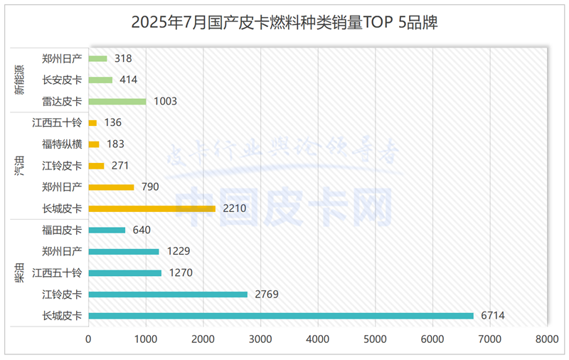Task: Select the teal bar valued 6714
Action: [x=281, y=315]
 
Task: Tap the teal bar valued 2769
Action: [x=168, y=294]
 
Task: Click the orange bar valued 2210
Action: [x=151, y=208]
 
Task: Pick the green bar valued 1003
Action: [x=117, y=101]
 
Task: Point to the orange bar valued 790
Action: [x=111, y=187]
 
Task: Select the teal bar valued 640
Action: [x=107, y=230]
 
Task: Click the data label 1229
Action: [x=179, y=251]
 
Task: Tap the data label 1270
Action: [x=181, y=272]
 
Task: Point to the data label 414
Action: [x=129, y=80]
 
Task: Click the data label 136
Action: [x=113, y=122]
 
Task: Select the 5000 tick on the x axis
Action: [x=375, y=340]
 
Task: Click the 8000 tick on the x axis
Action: [x=547, y=340]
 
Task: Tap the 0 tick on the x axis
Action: [x=88, y=340]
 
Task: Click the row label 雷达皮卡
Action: [x=63, y=101]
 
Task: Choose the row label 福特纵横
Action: [x=63, y=144]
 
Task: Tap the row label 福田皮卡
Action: [x=63, y=230]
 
